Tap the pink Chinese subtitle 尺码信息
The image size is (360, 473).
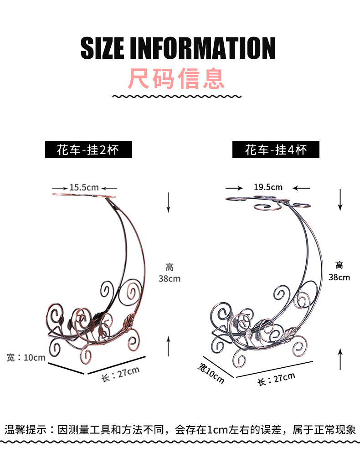(176, 78)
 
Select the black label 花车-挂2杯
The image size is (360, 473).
(88, 149)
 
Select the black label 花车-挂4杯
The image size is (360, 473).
(276, 149)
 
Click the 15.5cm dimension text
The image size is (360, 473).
(84, 187)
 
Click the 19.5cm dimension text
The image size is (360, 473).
(268, 187)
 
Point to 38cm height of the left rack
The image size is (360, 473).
(170, 278)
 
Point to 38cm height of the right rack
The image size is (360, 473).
(339, 277)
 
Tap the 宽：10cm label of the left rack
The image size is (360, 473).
(26, 358)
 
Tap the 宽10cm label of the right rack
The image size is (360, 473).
(211, 372)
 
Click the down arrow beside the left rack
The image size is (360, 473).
(168, 202)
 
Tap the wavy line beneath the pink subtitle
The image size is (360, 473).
(176, 96)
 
